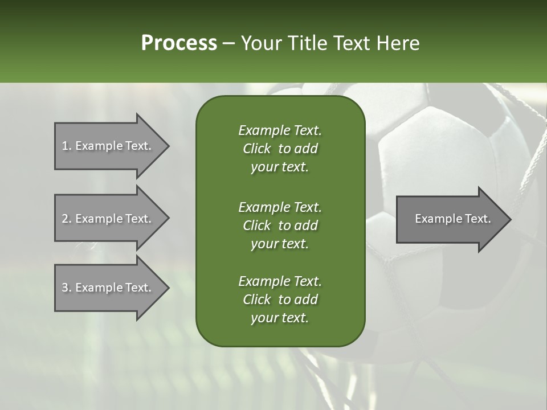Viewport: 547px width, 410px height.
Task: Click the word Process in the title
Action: click(179, 43)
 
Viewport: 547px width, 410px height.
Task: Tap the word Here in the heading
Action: click(398, 43)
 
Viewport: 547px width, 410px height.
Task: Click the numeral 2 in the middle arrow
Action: click(65, 219)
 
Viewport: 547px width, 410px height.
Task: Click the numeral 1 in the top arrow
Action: click(65, 146)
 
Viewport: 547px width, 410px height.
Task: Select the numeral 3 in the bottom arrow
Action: click(65, 288)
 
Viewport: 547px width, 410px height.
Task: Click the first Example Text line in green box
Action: click(280, 130)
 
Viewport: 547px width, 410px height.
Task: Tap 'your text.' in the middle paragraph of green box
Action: click(280, 244)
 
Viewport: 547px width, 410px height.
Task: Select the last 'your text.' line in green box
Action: click(280, 318)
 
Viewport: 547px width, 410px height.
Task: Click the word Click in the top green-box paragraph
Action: click(256, 149)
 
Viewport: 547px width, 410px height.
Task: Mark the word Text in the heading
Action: click(352, 43)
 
